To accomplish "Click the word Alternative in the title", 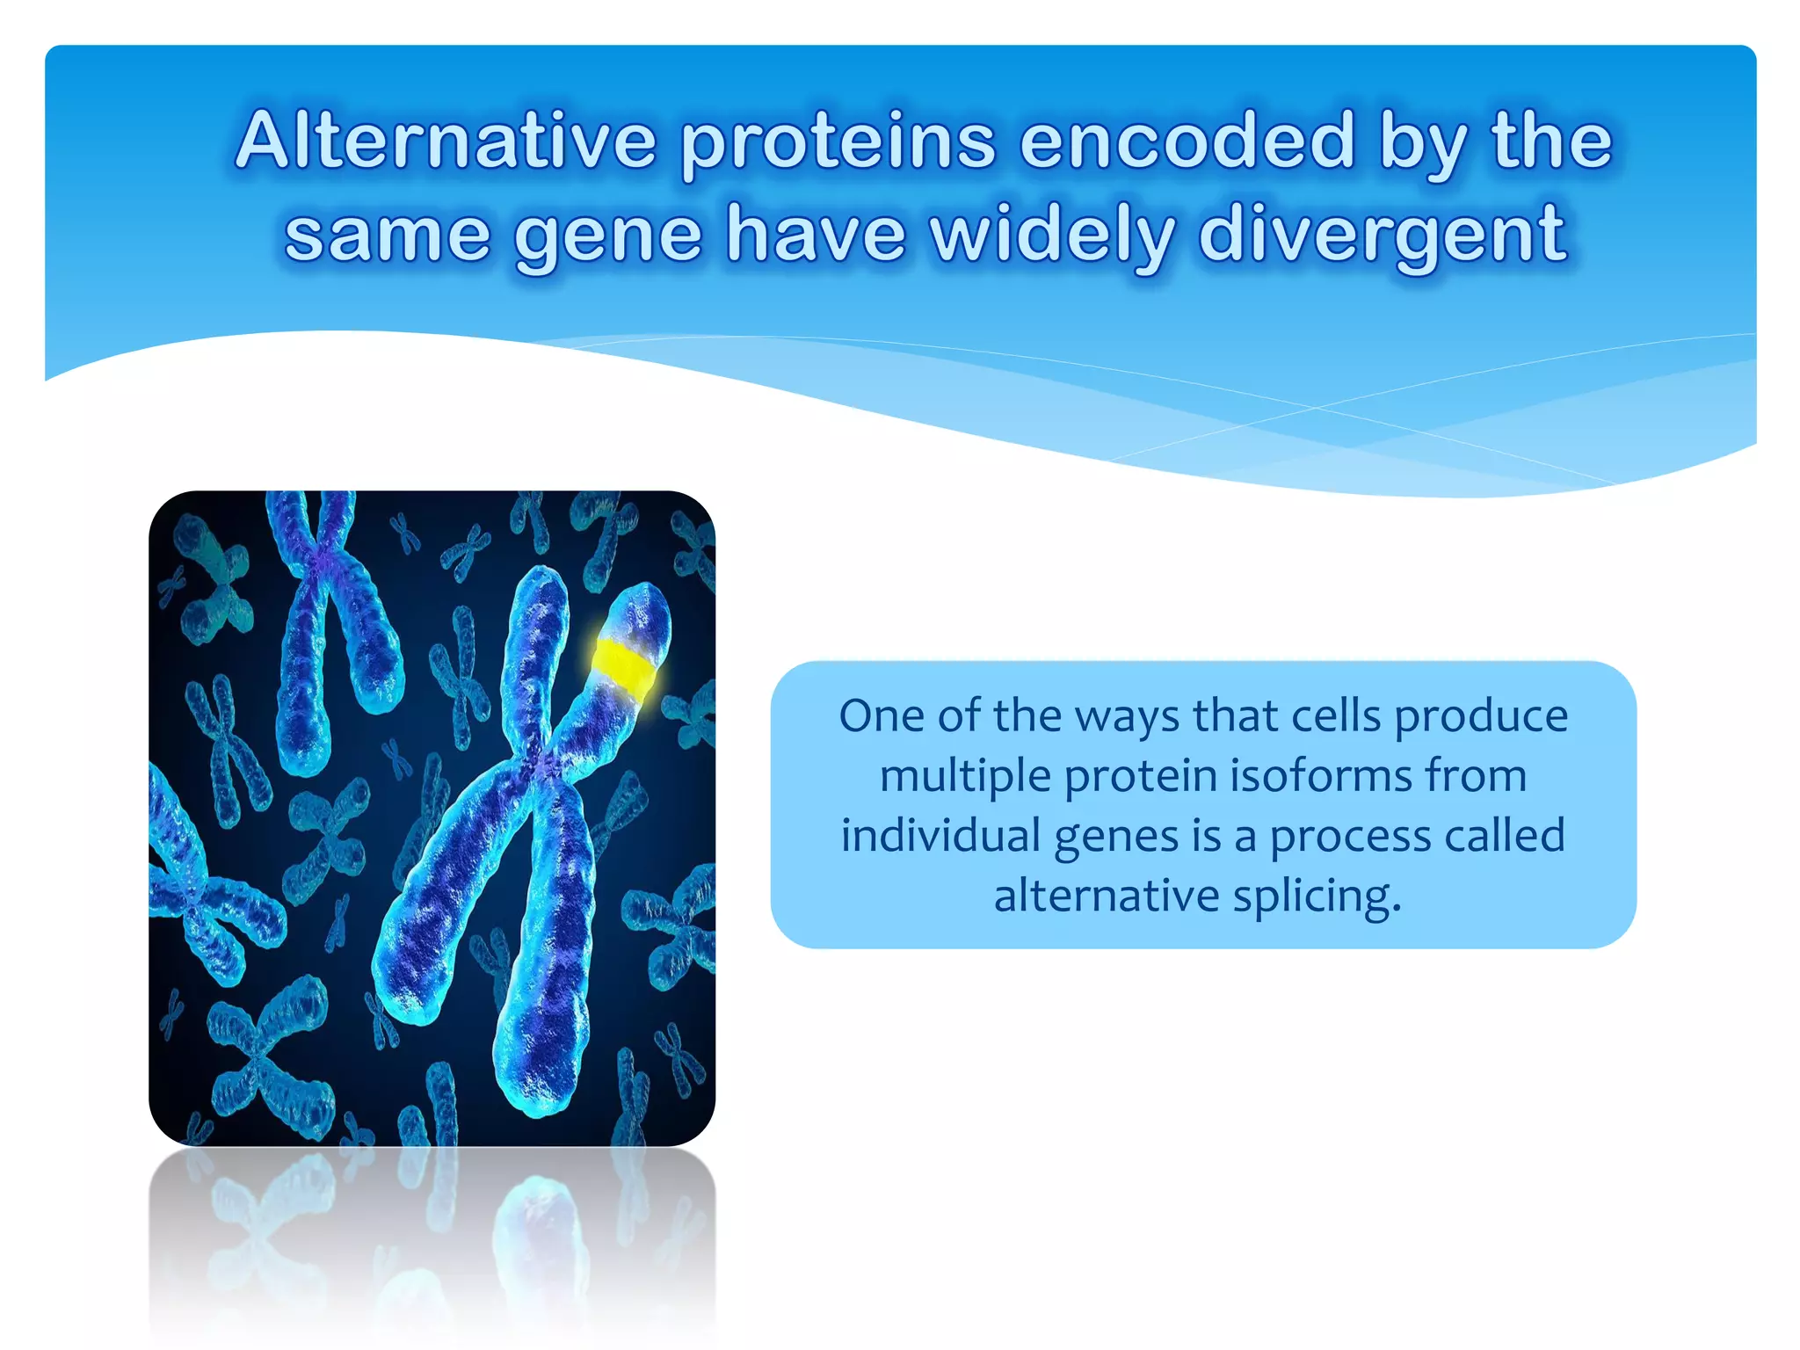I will pos(446,141).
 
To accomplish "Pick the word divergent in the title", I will pos(1382,236).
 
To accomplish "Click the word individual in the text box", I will pos(940,835).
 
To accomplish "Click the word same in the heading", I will pos(387,236).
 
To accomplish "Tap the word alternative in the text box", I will pos(1105,895).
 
